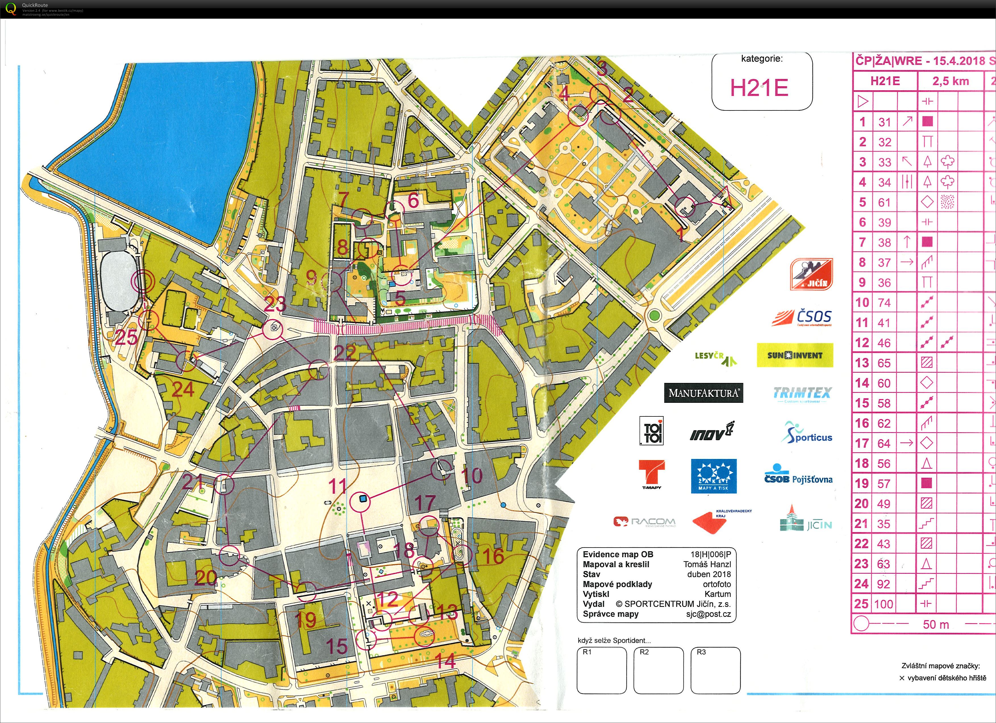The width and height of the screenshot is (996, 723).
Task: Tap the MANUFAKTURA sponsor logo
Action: tap(703, 393)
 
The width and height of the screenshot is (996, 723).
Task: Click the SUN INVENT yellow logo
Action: tap(794, 355)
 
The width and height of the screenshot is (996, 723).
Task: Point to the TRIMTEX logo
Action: tap(802, 393)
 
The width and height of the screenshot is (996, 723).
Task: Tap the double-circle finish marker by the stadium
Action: tap(142, 282)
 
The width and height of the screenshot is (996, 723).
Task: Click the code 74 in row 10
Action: tap(884, 303)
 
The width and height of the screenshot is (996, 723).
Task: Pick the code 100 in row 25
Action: tap(883, 604)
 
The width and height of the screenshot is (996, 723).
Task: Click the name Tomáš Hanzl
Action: tap(707, 565)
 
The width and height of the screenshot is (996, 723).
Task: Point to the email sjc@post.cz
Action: tap(708, 614)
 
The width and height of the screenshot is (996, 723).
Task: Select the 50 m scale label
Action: tap(935, 624)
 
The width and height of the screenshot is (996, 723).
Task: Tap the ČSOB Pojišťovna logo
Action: tap(798, 476)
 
